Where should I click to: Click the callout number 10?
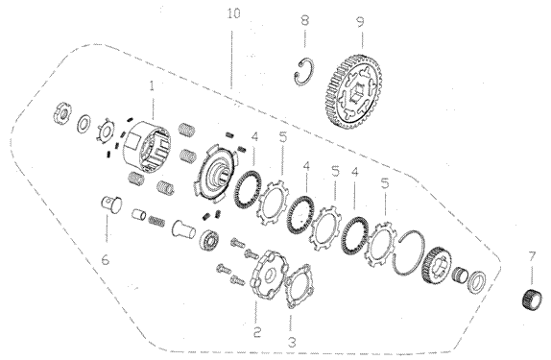point(234,14)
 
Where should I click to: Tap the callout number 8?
point(305,20)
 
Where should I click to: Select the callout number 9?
point(361,22)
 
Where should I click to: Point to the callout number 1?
point(152,86)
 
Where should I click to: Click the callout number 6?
point(105,260)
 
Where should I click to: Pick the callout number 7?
point(532,256)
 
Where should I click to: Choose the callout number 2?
point(257,331)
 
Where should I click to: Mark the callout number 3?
point(291,342)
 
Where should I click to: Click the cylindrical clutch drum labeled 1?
point(147,147)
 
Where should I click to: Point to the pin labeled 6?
point(111,204)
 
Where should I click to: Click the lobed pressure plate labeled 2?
point(269,275)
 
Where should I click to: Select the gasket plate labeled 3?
point(299,286)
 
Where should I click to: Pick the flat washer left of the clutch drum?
point(84,124)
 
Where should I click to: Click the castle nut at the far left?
point(63,113)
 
